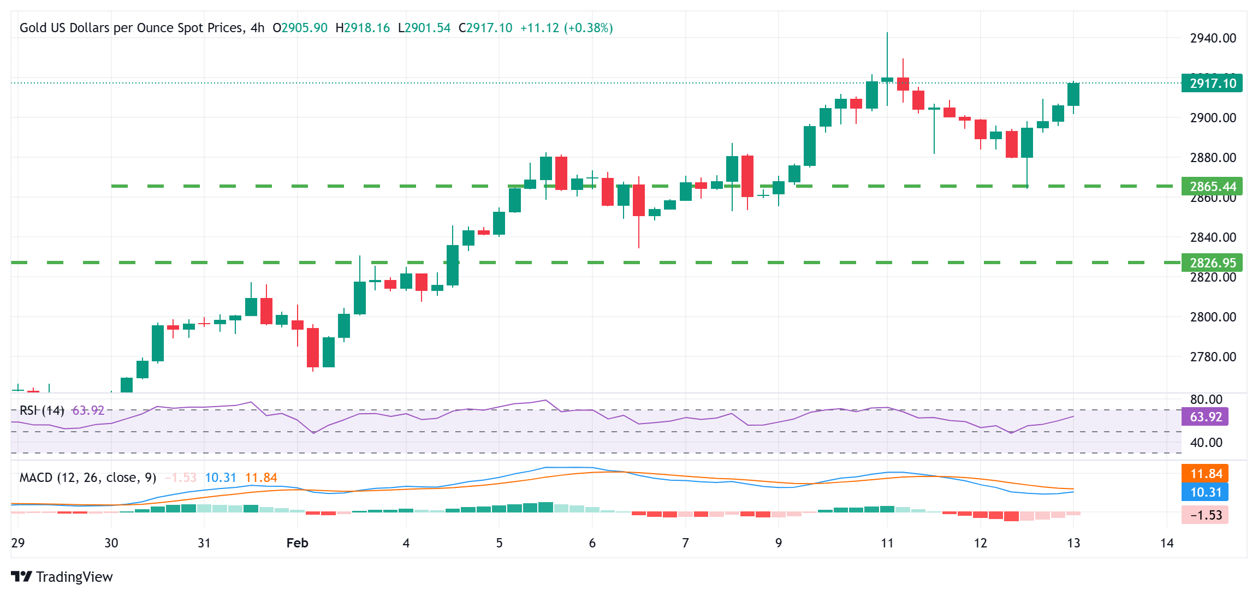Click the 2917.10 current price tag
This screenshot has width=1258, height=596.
coord(1212,83)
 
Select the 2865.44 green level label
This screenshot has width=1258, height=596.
coord(1212,186)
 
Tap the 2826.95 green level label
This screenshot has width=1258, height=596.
coord(1212,263)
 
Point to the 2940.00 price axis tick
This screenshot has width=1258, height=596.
coord(1213,38)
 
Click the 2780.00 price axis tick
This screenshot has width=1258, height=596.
coord(1213,357)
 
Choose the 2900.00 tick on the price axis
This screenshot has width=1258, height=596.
coord(1213,118)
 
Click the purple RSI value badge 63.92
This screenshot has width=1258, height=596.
coord(1205,417)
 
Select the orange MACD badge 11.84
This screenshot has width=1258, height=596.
coord(1205,473)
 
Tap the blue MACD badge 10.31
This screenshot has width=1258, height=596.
coord(1205,492)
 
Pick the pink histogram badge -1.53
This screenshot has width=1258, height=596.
coord(1205,515)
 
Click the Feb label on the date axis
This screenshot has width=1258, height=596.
coord(297,543)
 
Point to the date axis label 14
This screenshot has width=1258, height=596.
coord(1167,543)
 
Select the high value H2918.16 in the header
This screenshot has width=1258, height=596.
coord(363,28)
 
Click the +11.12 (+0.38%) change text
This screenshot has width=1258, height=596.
coord(566,28)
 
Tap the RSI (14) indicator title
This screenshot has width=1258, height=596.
coord(42,410)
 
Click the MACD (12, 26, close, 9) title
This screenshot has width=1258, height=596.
coord(88,478)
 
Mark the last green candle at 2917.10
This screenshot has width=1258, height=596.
coord(1073,94)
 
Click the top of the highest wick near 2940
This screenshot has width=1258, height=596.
coord(887,33)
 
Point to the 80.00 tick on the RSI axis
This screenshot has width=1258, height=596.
coord(1206,400)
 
